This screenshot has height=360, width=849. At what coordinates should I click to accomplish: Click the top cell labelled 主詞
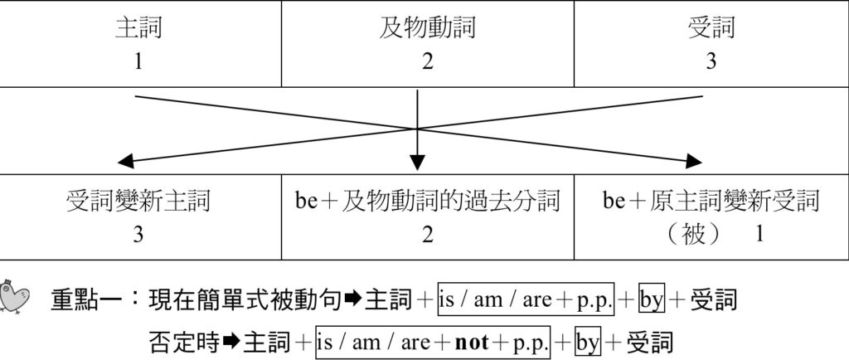point(139,43)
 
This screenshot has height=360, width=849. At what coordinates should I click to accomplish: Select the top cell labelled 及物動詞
point(428,43)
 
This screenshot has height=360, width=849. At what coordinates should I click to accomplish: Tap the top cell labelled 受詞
point(711,43)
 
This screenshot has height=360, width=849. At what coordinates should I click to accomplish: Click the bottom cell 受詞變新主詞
point(139,217)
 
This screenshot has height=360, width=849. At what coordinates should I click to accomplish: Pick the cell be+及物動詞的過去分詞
point(428,217)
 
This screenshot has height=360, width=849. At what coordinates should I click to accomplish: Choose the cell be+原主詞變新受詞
point(711,217)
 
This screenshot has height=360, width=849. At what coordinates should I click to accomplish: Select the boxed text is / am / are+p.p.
point(526,299)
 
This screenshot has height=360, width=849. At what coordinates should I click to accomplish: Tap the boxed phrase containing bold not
point(433,342)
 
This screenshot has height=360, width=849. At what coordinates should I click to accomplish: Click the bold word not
point(472,343)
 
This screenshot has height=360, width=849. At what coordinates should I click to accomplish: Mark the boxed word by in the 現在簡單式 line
point(652,299)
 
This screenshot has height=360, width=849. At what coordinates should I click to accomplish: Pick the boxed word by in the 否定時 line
point(588,342)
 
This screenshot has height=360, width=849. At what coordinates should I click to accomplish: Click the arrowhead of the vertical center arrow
point(417,162)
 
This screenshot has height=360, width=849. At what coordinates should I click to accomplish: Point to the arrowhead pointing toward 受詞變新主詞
point(126,161)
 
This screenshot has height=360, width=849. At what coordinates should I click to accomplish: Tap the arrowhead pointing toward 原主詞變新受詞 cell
point(694,161)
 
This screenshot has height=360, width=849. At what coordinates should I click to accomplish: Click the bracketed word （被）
point(693,235)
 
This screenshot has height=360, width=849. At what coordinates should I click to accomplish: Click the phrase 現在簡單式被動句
point(245,300)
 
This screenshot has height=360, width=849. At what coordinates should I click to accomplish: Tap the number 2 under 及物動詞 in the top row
point(428,61)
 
